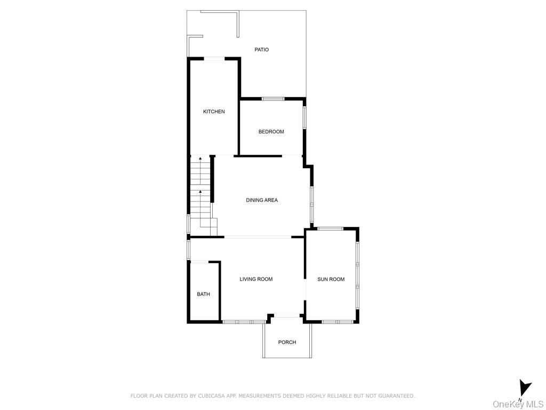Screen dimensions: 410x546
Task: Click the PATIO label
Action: point(261,50)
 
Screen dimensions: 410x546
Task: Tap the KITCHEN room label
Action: point(214,112)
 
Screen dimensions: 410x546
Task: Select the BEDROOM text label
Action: point(271,132)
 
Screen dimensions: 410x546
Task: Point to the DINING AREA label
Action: point(262,200)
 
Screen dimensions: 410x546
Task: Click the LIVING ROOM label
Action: point(256,279)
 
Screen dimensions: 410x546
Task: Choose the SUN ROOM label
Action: point(331,279)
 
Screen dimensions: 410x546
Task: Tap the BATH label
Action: point(203,294)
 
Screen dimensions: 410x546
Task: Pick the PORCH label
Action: point(287,342)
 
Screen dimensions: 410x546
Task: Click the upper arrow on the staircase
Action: point(200,159)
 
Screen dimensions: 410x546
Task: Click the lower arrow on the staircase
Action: point(200,192)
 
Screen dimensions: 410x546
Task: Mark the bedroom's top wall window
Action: point(272,99)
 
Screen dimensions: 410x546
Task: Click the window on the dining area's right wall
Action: point(311,204)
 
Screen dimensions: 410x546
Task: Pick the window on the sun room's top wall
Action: point(330,228)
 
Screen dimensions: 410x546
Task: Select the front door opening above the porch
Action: point(287,316)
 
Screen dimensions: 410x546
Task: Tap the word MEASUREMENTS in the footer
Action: point(260,396)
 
